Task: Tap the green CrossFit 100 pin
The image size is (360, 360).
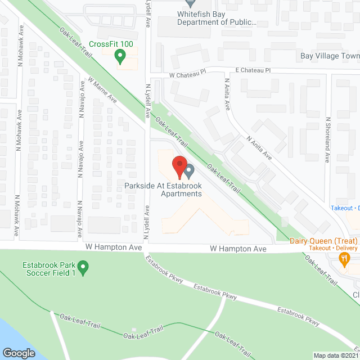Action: [119, 56]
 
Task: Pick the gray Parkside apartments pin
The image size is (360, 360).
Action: [190, 169]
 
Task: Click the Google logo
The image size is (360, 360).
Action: [18, 353]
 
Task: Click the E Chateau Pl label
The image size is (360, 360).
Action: [253, 71]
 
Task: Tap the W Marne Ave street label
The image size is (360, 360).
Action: [102, 90]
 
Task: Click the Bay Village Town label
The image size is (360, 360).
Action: [330, 56]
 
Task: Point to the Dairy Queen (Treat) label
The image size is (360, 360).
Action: [323, 241]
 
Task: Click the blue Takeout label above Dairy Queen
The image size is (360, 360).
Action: [341, 208]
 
